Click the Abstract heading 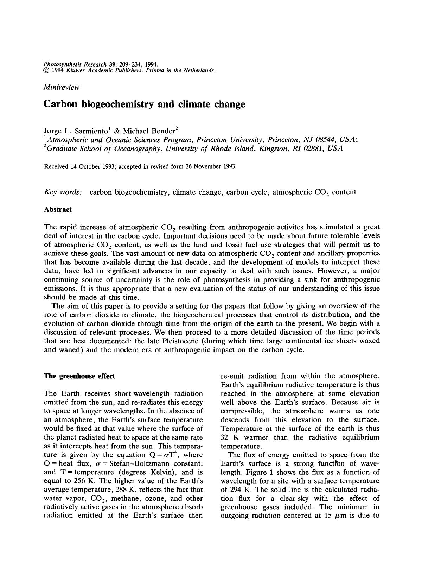58,210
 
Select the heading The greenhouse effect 79,376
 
